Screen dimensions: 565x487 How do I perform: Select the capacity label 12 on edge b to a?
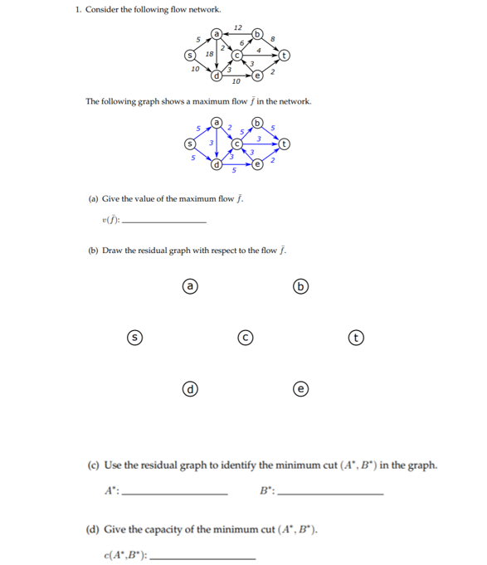pos(238,28)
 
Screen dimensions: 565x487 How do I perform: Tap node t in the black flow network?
pos(285,56)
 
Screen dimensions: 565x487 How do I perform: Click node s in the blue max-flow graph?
pos(188,143)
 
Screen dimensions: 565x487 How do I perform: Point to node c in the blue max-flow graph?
pos(236,143)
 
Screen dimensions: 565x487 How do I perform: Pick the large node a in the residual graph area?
pos(190,286)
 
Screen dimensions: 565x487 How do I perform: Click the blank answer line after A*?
pos(174,494)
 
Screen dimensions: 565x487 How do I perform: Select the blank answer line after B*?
pos(332,494)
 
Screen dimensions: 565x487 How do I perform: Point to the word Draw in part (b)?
pos(112,251)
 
